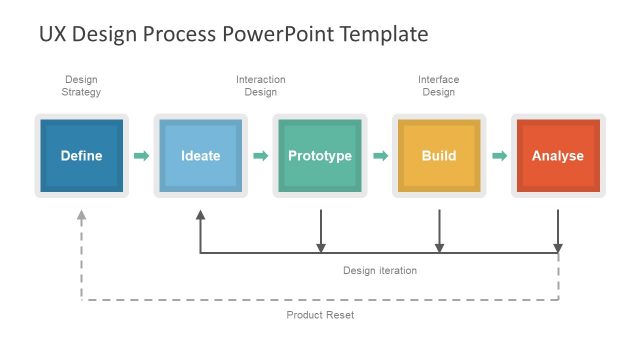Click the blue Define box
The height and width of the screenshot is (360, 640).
(x=81, y=155)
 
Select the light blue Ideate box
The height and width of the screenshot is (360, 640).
(x=200, y=155)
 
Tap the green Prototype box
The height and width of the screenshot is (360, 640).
(x=320, y=155)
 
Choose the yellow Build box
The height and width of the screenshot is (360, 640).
(x=439, y=155)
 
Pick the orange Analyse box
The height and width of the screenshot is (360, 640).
(x=558, y=155)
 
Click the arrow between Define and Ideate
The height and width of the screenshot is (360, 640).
(x=141, y=156)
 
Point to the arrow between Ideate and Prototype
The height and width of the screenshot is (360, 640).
(x=260, y=156)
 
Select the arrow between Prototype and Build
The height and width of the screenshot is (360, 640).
(x=380, y=156)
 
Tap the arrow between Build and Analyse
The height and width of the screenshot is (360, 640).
(x=499, y=156)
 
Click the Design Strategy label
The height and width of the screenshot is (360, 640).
(x=81, y=86)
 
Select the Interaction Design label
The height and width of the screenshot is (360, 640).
(x=260, y=86)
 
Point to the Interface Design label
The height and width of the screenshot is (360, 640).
(x=439, y=86)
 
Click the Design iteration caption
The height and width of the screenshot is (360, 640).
(x=380, y=270)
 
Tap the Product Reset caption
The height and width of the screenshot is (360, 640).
(x=320, y=315)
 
